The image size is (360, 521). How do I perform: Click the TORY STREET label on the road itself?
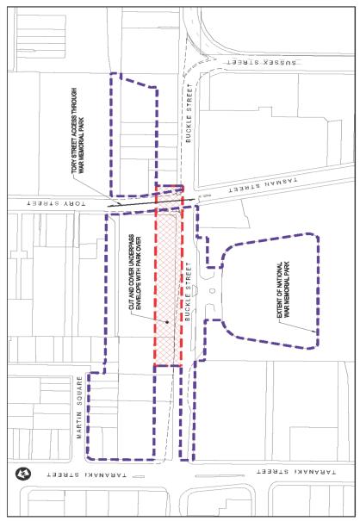[x=49, y=202]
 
